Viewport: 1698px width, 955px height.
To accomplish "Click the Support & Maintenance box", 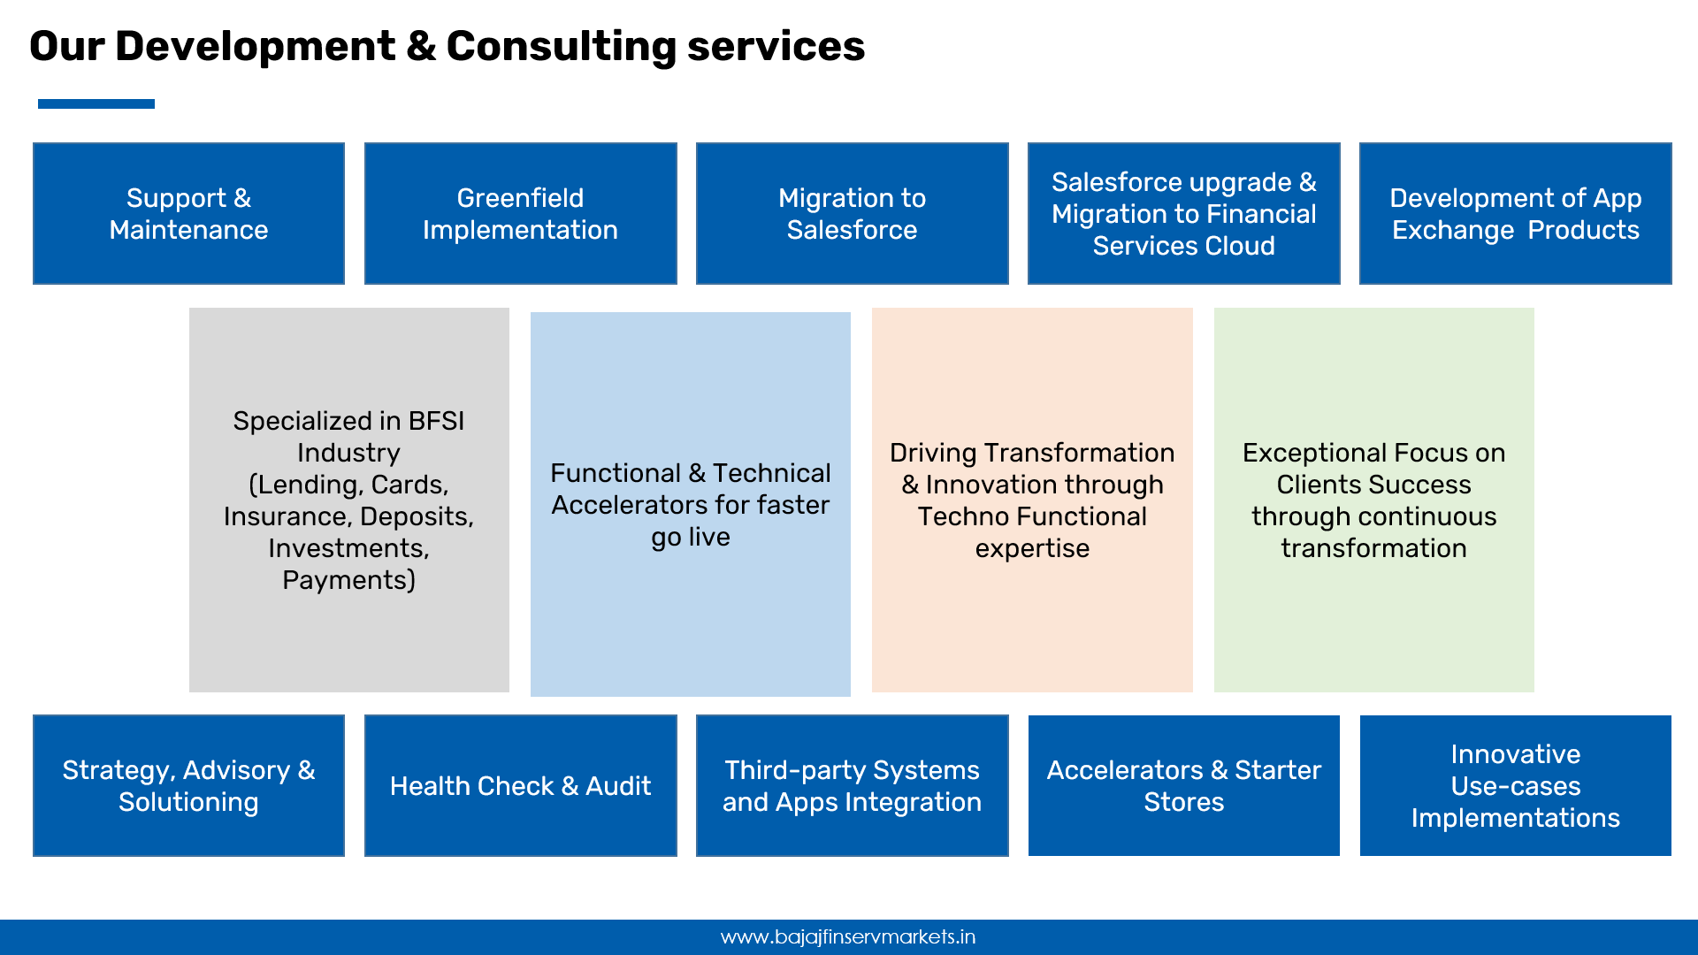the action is point(188,213).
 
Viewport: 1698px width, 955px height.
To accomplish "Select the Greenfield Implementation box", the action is point(521,213).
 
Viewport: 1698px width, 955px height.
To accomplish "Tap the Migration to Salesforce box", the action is point(853,213).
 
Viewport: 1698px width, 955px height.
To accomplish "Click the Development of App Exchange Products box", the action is point(1516,213).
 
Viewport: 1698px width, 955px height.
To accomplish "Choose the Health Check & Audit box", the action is point(521,785).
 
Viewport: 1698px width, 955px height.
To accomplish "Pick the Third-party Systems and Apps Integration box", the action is point(853,785).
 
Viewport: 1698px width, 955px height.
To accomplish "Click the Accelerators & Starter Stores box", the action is point(1184,785).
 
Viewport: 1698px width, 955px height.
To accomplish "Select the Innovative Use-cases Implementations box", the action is point(1516,785).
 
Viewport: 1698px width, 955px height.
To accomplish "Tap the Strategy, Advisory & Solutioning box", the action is point(188,785).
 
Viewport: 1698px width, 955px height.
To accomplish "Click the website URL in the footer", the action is point(848,937).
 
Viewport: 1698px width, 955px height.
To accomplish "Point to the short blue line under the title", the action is point(96,103).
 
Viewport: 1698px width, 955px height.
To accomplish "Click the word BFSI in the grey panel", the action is point(436,421).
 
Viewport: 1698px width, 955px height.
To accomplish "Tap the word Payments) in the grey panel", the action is point(348,580).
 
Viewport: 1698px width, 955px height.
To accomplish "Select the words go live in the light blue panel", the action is point(691,538).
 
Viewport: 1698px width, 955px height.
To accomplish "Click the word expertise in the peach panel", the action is point(1032,549).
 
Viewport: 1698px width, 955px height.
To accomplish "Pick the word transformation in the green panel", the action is point(1373,548).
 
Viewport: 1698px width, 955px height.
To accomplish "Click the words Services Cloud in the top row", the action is point(1183,246).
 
